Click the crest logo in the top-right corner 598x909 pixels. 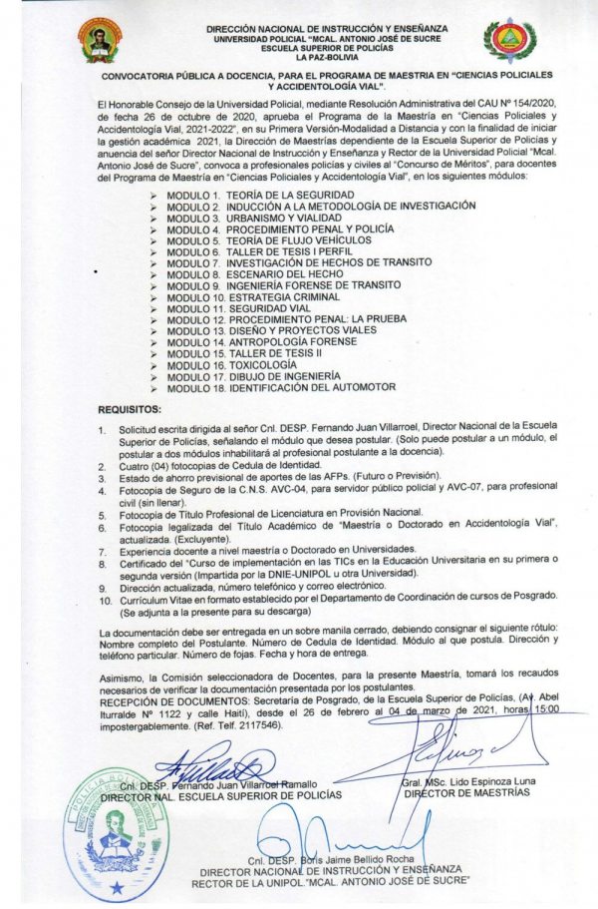(x=509, y=40)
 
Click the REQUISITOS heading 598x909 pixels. (x=130, y=410)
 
